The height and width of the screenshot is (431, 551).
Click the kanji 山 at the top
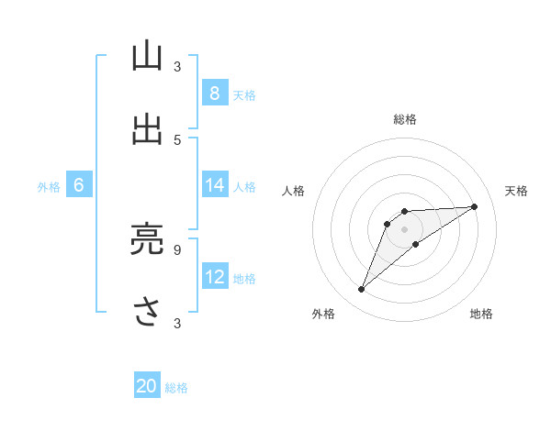coord(147,56)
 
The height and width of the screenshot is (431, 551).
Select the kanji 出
coord(147,128)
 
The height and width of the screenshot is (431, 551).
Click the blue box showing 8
coord(214,94)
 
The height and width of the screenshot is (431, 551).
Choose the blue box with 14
coord(214,185)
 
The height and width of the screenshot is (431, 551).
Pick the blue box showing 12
coord(214,277)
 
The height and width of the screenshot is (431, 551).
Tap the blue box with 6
coord(79,185)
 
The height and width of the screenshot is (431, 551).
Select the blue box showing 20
coord(147,387)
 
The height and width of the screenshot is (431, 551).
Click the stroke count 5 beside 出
coord(177,139)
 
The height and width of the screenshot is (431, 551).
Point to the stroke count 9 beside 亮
coord(177,248)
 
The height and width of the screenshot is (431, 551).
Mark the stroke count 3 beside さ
coord(177,323)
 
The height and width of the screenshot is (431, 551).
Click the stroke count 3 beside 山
coord(177,66)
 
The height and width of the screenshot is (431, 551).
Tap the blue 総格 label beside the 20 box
coord(176,388)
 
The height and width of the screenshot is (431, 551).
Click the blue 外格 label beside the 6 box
coord(49,186)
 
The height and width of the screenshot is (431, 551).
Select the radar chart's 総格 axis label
coord(405,119)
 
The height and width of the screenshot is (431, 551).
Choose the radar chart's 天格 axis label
coord(516,191)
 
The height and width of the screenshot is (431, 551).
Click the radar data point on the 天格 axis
coord(475,206)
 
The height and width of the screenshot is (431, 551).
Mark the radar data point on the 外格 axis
coord(362,290)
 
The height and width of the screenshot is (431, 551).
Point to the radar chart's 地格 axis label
coord(481,314)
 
